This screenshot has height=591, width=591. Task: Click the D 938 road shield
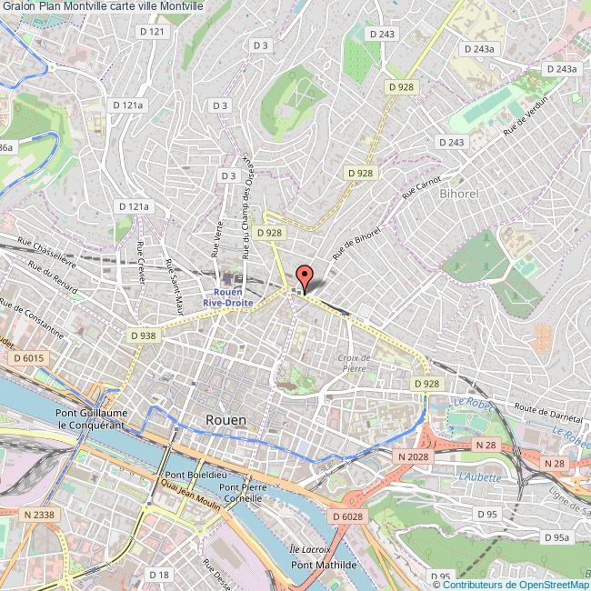[x=144, y=336]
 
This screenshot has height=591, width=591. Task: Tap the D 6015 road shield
[x=30, y=359]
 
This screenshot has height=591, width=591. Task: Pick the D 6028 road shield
[x=347, y=516]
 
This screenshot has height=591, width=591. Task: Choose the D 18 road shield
[x=158, y=574]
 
